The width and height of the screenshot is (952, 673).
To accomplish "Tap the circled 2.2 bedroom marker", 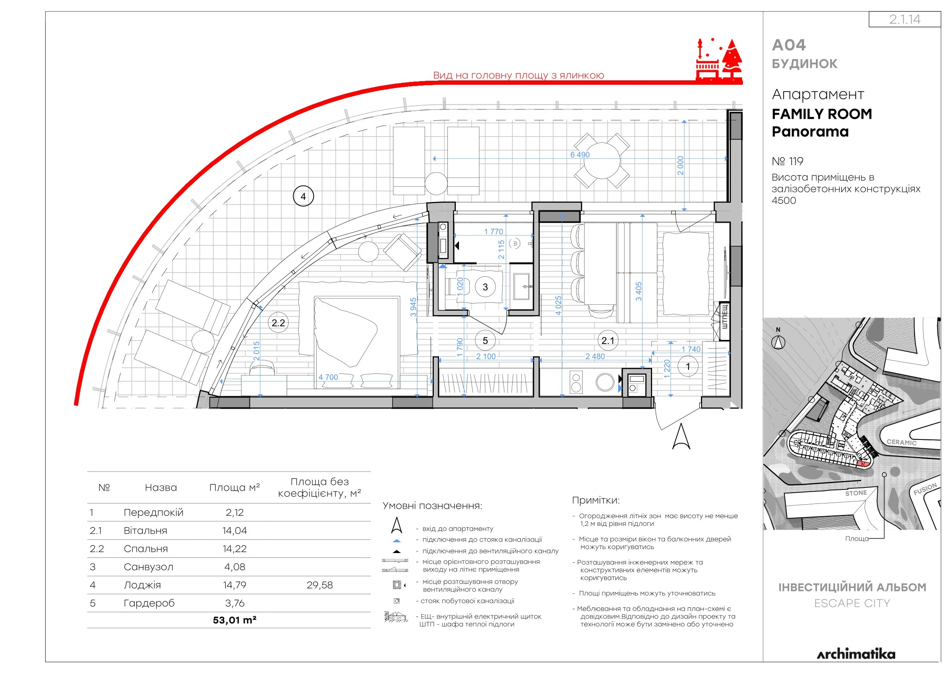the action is [278, 323].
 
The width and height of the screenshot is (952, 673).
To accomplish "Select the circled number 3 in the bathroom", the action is [485, 287].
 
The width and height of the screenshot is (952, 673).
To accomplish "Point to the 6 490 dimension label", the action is [580, 155].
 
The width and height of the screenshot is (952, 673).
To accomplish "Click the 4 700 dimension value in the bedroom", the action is [328, 377].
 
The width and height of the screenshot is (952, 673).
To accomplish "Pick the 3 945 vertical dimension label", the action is [413, 307].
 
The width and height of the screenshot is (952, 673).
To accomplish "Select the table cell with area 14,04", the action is [235, 530].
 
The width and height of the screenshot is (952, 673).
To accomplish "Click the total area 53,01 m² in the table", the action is [235, 620].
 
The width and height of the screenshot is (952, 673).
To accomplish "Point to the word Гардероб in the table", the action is [149, 603].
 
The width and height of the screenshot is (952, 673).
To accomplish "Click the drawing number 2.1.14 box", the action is [905, 19].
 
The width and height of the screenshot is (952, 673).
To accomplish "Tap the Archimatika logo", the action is [856, 654].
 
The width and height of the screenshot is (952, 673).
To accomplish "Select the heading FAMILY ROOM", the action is [822, 114].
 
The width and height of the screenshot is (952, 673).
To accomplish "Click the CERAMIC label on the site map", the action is [901, 442].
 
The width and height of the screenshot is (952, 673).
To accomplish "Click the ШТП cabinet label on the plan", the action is [724, 317].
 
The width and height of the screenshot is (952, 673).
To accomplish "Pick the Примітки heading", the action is [596, 500].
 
